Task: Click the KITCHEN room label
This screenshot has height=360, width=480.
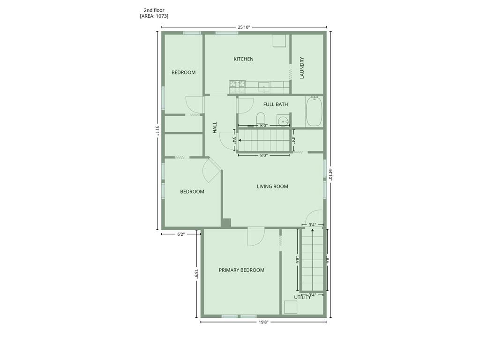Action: pyautogui.click(x=243, y=59)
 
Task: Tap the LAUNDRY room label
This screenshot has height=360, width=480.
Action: pyautogui.click(x=302, y=68)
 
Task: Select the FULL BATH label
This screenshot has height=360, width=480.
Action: pyautogui.click(x=276, y=104)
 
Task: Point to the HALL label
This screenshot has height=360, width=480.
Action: pyautogui.click(x=215, y=127)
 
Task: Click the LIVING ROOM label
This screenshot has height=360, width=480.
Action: pyautogui.click(x=272, y=187)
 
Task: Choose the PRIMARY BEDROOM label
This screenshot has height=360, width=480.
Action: pyautogui.click(x=241, y=270)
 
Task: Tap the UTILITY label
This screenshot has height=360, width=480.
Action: pyautogui.click(x=302, y=298)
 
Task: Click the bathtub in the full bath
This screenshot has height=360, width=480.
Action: pyautogui.click(x=314, y=112)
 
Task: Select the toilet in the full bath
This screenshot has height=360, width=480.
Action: pyautogui.click(x=261, y=119)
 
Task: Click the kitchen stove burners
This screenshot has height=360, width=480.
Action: pyautogui.click(x=237, y=84)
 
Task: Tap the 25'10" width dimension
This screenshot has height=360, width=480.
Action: pyautogui.click(x=244, y=27)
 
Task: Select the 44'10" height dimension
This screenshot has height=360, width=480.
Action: pyautogui.click(x=331, y=175)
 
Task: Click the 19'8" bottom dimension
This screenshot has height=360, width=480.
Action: pyautogui.click(x=263, y=322)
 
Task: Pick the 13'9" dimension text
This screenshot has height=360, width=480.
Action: pyautogui.click(x=196, y=274)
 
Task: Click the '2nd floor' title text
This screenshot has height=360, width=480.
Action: pyautogui.click(x=154, y=10)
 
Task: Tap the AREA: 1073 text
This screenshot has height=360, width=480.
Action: pyautogui.click(x=154, y=16)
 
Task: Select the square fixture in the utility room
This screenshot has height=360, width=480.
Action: pyautogui.click(x=291, y=307)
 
